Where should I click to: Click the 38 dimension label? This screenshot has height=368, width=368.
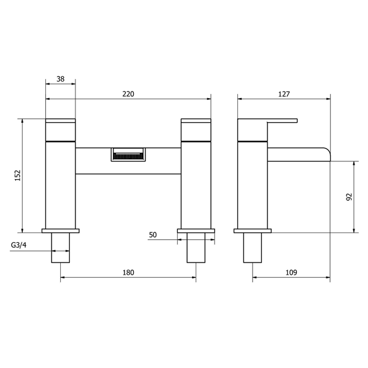point(60,79)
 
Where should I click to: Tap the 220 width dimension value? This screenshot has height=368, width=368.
point(128,94)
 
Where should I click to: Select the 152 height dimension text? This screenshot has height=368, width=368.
point(18,175)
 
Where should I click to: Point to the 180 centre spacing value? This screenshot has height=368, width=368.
point(128,273)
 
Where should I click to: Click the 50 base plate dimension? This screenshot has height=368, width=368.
point(153,235)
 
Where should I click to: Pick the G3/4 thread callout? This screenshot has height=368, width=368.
point(19,245)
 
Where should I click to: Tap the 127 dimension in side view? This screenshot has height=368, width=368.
point(284,94)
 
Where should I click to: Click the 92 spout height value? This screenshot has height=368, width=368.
point(349,197)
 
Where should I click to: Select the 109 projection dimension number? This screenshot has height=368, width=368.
point(291,273)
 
